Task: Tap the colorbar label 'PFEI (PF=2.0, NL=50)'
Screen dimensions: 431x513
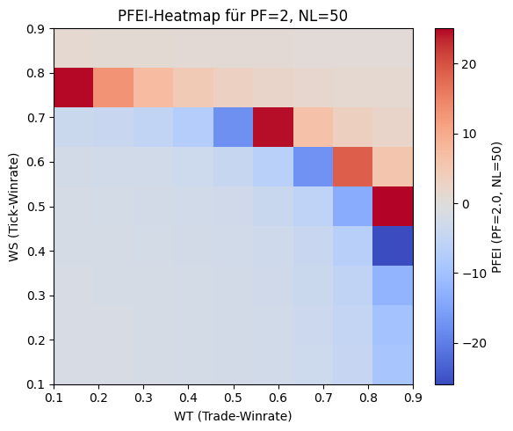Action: point(497,207)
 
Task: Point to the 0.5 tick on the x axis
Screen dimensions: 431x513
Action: point(233,385)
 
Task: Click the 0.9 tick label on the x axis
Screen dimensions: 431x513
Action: point(413,398)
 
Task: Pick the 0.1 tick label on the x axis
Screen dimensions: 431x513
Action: point(54,398)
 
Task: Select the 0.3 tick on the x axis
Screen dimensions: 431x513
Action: point(143,385)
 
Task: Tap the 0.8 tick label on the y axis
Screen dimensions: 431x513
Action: point(36,73)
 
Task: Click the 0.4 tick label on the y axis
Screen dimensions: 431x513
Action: point(36,252)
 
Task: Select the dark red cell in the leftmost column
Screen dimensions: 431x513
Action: point(74,88)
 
